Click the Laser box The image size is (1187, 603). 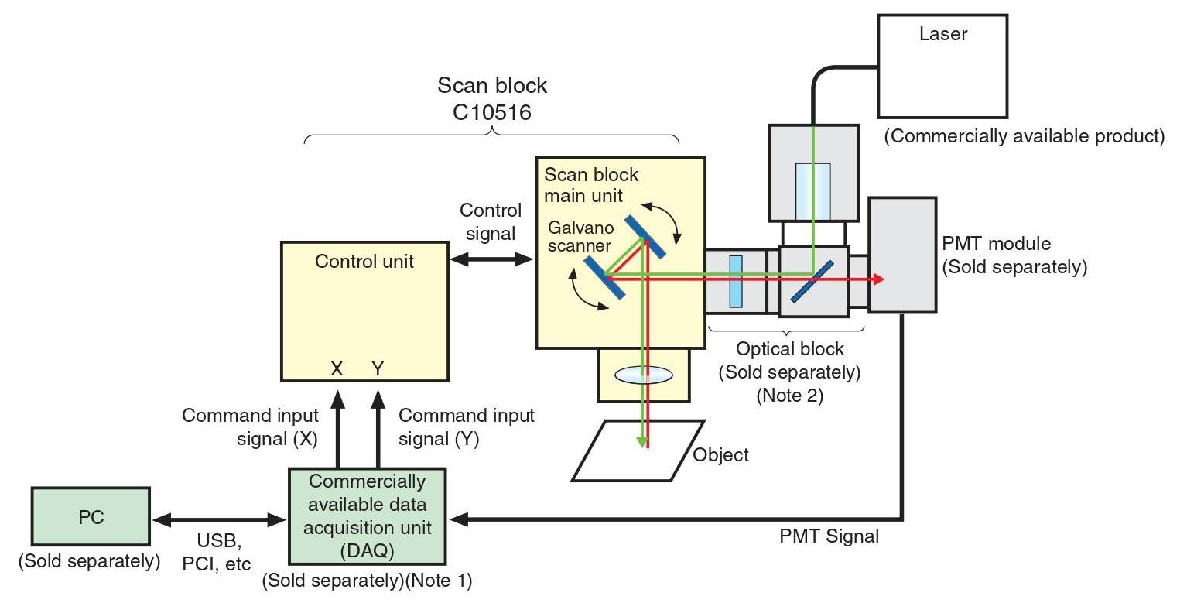click(x=942, y=66)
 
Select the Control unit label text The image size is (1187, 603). click(x=364, y=262)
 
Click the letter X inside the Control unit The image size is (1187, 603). click(x=337, y=369)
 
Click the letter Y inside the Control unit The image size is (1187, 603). click(x=378, y=369)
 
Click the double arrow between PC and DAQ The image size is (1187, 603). click(x=219, y=520)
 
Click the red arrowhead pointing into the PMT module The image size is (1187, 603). click(x=877, y=279)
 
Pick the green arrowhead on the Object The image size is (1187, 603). click(x=641, y=440)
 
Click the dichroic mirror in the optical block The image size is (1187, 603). click(x=812, y=280)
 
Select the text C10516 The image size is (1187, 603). click(x=492, y=112)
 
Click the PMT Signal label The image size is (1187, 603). click(x=829, y=536)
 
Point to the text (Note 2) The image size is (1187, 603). click(x=789, y=396)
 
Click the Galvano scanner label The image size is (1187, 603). click(x=580, y=237)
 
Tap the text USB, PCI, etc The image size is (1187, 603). click(x=216, y=553)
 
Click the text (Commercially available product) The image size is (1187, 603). click(x=1025, y=137)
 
